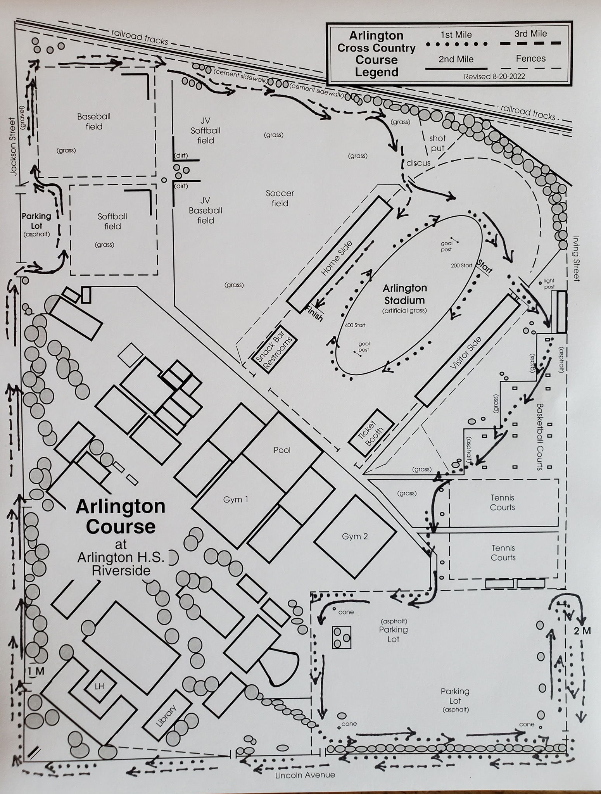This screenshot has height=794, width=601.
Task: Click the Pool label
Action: [x=282, y=450]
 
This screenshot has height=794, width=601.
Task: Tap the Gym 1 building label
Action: [x=235, y=500]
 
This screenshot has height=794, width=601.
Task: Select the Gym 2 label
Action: [x=355, y=537]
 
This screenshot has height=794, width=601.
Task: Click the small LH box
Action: [x=100, y=686]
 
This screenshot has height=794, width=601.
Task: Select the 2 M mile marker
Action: [x=582, y=631]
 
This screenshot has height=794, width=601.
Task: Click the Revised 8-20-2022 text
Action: [x=494, y=76]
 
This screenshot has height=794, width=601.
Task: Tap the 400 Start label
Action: [x=355, y=325]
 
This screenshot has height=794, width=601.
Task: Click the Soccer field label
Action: [x=280, y=198]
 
